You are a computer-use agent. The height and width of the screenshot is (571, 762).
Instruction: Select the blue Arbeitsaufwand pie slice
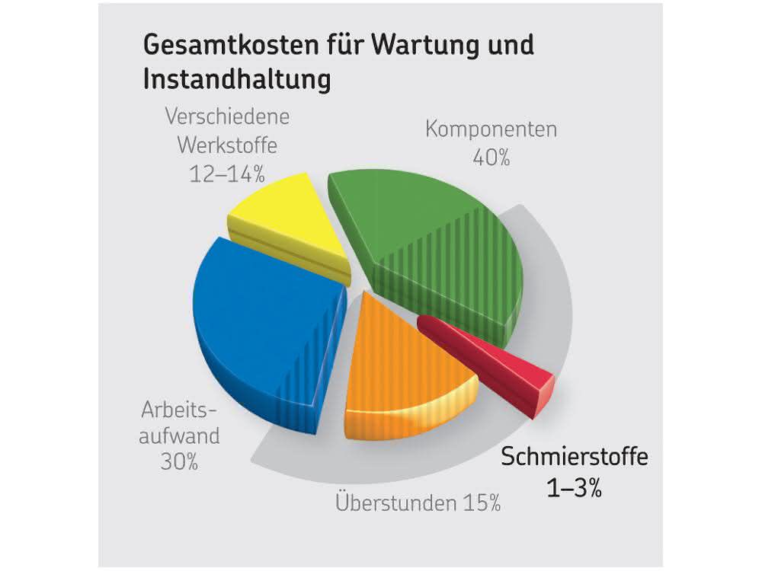(x=262, y=330)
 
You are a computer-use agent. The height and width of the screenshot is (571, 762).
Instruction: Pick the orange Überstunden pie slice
(x=403, y=374)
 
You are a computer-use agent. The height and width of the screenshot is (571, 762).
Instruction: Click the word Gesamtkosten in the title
(x=232, y=45)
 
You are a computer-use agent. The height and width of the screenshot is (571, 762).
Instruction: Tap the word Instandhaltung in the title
(x=237, y=79)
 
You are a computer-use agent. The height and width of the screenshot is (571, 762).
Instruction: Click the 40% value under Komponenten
(x=491, y=158)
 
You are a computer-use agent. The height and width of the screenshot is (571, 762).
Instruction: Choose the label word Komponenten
(x=491, y=129)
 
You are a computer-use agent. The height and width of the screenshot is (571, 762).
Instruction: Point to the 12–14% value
(x=227, y=174)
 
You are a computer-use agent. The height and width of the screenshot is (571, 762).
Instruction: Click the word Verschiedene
(x=227, y=116)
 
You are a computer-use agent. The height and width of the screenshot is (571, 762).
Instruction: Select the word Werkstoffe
(x=227, y=145)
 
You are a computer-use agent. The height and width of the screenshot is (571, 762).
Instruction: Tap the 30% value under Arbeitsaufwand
(x=179, y=462)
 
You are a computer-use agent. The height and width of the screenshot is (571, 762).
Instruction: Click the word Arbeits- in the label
(x=178, y=410)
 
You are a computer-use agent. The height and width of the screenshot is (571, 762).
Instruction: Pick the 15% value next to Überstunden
(x=482, y=503)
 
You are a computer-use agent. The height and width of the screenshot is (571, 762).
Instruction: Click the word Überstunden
(x=396, y=502)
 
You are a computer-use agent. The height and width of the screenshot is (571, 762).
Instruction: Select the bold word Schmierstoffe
(x=575, y=457)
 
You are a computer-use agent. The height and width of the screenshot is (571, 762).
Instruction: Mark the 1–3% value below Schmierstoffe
(x=575, y=487)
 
